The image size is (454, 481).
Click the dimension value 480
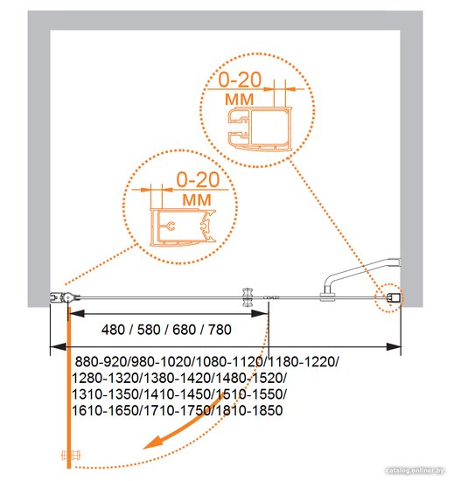tap(113, 330)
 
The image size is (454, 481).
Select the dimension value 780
tap(220, 330)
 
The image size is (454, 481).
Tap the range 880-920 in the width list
tap(101, 362)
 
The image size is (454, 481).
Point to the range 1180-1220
tap(302, 362)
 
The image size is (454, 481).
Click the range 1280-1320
tap(105, 378)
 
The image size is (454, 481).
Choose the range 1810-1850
tap(249, 410)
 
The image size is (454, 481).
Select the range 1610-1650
tap(105, 410)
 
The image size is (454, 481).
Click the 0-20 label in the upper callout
tap(240, 80)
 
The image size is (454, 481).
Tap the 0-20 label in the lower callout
tap(198, 179)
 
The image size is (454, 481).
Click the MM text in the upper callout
tap(240, 100)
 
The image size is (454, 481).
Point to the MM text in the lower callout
tap(197, 200)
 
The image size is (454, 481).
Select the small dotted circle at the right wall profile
tap(389, 298)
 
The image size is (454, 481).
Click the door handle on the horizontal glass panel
tap(248, 297)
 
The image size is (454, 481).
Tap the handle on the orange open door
tap(71, 455)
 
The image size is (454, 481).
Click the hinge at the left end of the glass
tap(66, 297)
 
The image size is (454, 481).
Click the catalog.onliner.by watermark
tap(415, 471)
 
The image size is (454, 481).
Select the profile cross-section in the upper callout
tap(260, 129)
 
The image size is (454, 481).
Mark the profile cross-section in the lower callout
tap(183, 227)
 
